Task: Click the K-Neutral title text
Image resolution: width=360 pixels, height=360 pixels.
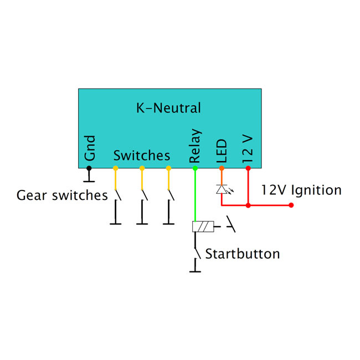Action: tap(168, 108)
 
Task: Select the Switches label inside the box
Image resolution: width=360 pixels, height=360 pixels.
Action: tap(142, 155)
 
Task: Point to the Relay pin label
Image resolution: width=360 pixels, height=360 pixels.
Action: tap(195, 146)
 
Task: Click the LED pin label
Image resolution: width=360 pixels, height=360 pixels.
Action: tap(222, 150)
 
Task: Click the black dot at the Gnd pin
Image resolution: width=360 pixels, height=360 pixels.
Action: tap(89, 167)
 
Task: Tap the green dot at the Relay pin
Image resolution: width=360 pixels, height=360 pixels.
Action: tap(195, 167)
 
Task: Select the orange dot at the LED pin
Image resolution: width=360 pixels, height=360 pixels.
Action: tap(222, 167)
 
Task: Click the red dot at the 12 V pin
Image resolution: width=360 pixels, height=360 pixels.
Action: tap(248, 167)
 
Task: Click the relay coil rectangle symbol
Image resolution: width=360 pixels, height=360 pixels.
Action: tap(202, 226)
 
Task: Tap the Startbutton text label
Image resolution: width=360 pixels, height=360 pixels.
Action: tap(242, 254)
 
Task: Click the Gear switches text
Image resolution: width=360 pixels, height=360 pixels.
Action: tap(62, 196)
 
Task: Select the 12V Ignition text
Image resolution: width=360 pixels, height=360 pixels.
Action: tap(301, 191)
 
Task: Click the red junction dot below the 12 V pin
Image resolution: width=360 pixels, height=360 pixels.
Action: tap(248, 205)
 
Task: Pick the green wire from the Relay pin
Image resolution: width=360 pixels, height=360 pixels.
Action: tap(195, 194)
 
